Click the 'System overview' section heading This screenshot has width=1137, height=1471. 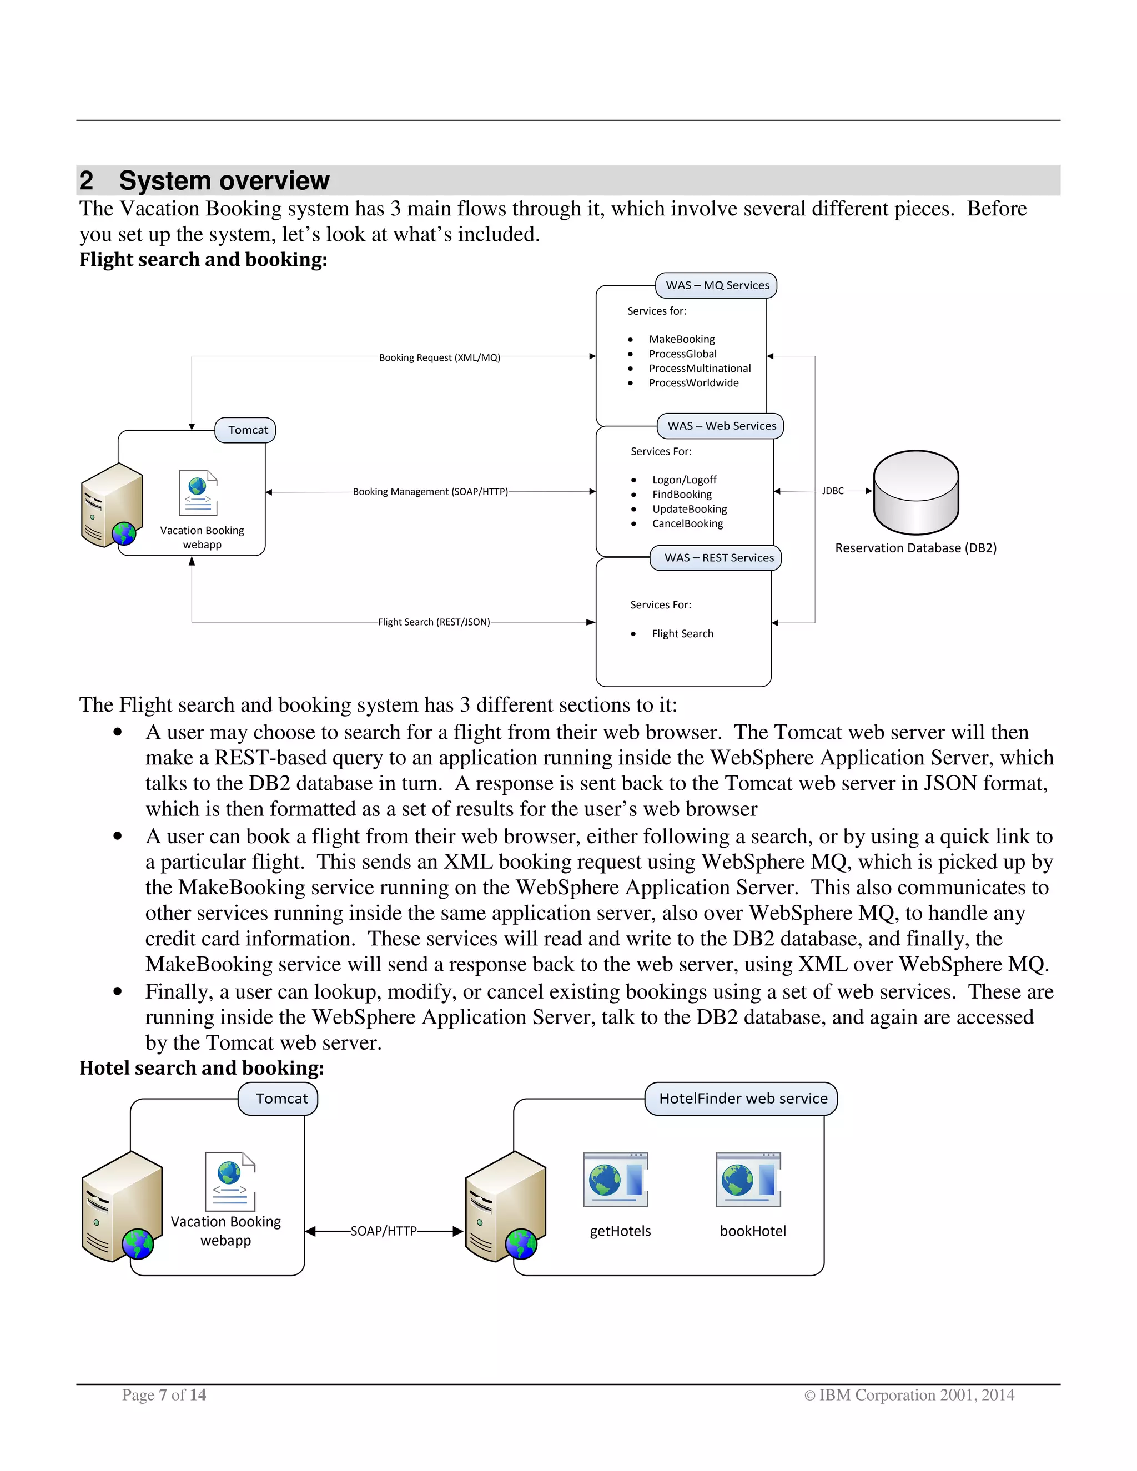[x=224, y=180]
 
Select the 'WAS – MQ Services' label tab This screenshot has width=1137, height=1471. [x=717, y=285]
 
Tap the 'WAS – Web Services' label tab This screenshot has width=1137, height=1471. [x=721, y=426]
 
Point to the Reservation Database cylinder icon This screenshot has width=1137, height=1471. [x=915, y=492]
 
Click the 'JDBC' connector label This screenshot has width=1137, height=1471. [x=833, y=491]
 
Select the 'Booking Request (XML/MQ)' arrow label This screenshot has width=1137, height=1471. [x=439, y=357]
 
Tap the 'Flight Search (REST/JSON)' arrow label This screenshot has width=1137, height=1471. [x=434, y=622]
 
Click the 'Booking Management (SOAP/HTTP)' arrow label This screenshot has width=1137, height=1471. [x=430, y=492]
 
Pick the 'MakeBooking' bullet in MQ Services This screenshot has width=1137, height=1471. [x=682, y=340]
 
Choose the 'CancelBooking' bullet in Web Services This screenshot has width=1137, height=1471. [x=687, y=523]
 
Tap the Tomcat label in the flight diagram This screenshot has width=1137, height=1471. [x=247, y=430]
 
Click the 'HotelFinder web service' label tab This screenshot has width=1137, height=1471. [x=742, y=1099]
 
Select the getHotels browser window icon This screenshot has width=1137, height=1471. [x=616, y=1180]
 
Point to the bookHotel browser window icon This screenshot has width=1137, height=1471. [x=748, y=1180]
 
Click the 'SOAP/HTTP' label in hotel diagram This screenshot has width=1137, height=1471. [x=383, y=1231]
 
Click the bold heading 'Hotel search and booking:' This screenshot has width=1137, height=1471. [x=202, y=1068]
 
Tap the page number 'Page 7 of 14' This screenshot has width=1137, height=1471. [x=164, y=1395]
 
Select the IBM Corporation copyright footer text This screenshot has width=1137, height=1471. [x=909, y=1395]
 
